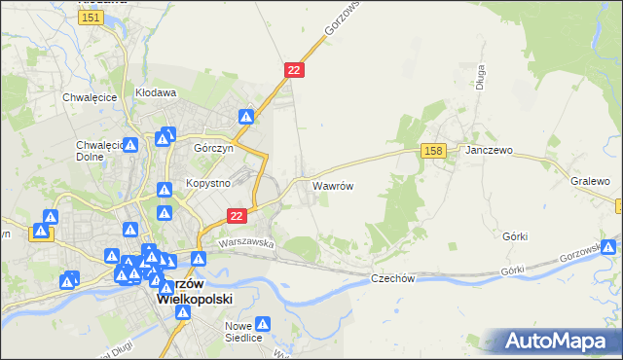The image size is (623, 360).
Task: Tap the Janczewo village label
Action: (x=489, y=152)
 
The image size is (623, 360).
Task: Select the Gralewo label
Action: (x=590, y=182)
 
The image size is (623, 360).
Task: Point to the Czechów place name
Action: (x=393, y=278)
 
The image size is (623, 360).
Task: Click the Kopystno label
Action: (x=205, y=184)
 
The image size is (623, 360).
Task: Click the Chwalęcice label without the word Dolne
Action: (x=90, y=97)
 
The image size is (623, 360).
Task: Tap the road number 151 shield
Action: (x=92, y=18)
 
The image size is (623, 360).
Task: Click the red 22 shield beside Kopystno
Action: (x=236, y=215)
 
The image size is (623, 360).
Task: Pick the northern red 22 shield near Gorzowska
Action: (x=295, y=70)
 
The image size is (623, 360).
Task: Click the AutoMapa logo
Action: (x=559, y=341)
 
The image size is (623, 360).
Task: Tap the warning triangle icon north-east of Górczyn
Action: (x=246, y=118)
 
